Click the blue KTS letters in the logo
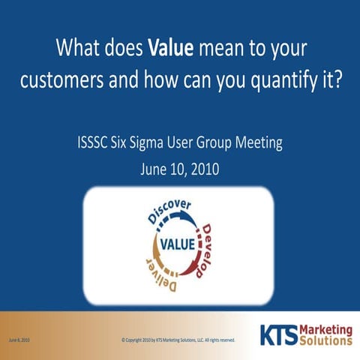pyautogui.click(x=277, y=334)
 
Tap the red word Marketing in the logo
pyautogui.click(x=324, y=329)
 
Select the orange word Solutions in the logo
pyautogui.click(x=324, y=340)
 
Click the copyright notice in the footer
pyautogui.click(x=178, y=340)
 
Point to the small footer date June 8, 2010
pyautogui.click(x=19, y=340)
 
